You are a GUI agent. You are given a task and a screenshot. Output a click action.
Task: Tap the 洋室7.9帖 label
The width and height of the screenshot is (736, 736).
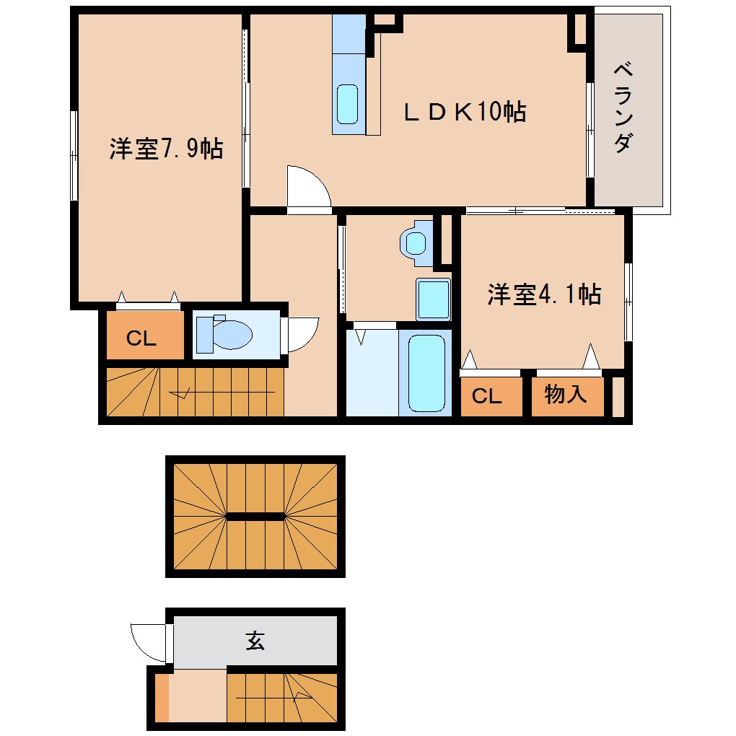(165, 149)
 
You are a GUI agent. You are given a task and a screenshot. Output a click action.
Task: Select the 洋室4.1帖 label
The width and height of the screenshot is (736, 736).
(543, 294)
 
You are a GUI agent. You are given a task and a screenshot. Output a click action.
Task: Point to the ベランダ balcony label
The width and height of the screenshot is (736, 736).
(624, 108)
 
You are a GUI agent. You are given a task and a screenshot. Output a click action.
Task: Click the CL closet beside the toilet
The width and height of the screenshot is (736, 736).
(141, 338)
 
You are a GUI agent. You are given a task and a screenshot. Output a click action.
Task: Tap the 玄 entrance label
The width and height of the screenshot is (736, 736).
(255, 640)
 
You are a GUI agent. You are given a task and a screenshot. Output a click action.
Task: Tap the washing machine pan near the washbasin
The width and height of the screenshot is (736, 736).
(414, 242)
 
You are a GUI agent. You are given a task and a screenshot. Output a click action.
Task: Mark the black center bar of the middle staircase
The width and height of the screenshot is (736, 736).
(255, 516)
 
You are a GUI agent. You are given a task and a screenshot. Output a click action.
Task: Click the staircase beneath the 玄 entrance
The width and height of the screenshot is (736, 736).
(281, 696)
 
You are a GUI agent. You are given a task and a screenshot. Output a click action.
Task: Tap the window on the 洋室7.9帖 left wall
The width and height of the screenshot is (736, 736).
(74, 155)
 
